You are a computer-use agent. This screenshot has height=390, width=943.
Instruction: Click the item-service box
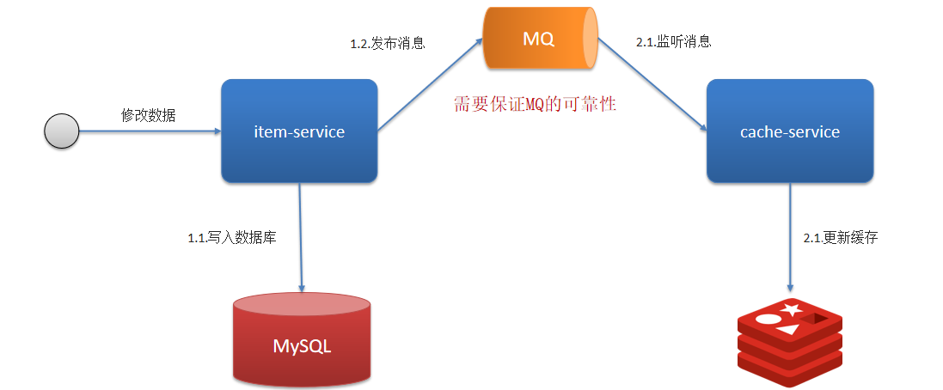299,131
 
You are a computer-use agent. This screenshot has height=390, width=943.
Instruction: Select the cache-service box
789,131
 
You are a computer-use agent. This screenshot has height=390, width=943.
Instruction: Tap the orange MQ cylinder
539,40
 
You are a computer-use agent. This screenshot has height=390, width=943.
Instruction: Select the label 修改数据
148,115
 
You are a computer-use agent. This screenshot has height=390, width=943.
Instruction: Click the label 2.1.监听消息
673,41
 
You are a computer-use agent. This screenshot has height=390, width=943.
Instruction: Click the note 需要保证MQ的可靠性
536,105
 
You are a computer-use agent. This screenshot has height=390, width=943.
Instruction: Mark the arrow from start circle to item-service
150,131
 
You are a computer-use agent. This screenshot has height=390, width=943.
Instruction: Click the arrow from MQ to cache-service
653,86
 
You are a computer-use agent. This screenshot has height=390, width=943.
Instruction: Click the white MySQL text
302,347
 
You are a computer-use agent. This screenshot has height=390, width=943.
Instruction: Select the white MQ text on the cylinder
538,40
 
